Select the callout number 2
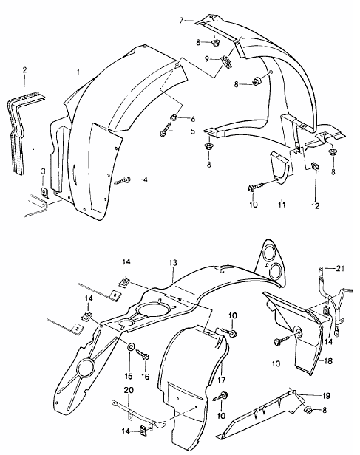[x=25, y=71]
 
